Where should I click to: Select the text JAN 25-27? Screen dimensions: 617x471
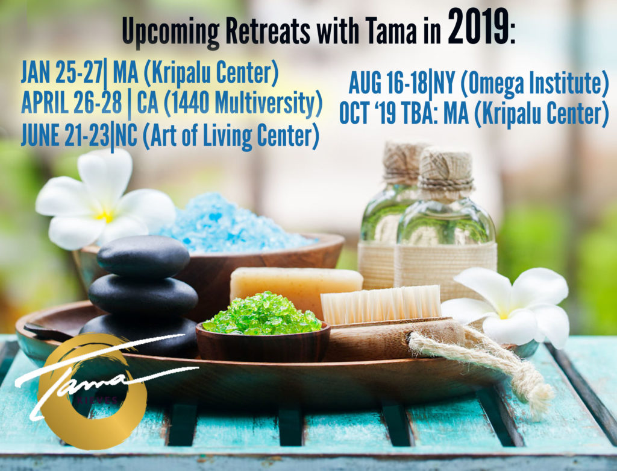pyautogui.click(x=62, y=73)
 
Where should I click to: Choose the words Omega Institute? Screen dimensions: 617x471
pyautogui.click(x=534, y=84)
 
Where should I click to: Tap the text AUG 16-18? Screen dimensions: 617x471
pyautogui.click(x=389, y=83)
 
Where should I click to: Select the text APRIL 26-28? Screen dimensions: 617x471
pyautogui.click(x=72, y=103)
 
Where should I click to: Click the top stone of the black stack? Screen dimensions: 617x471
pyautogui.click(x=143, y=256)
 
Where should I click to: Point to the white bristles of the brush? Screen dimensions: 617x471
pyautogui.click(x=381, y=304)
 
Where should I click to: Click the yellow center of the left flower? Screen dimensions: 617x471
pyautogui.click(x=105, y=215)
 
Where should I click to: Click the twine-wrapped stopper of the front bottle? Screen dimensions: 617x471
pyautogui.click(x=446, y=168)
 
